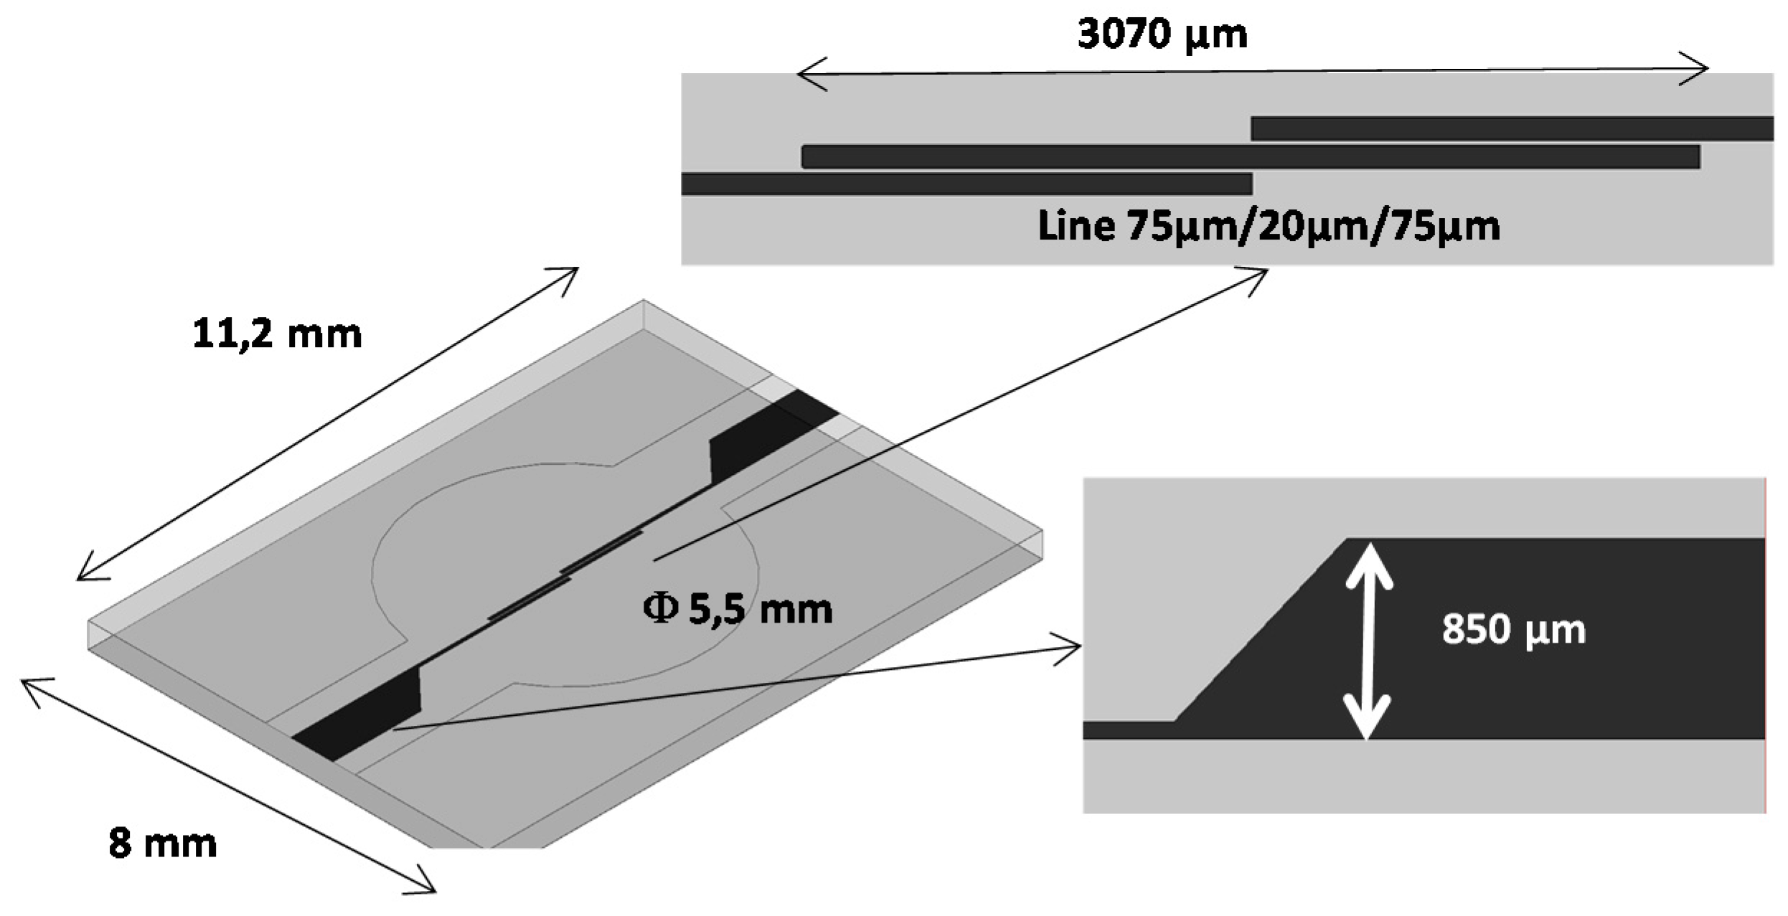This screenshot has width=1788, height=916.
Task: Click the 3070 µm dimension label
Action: click(x=1162, y=34)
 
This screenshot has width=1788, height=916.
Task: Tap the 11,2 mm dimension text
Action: click(x=277, y=334)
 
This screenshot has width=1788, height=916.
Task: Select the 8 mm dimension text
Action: click(x=162, y=843)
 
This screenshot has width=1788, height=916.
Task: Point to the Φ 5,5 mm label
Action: click(x=738, y=610)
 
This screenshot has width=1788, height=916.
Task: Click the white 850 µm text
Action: click(x=1513, y=630)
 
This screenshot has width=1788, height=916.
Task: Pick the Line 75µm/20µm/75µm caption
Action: click(x=1269, y=226)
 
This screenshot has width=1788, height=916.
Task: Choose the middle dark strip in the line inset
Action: click(x=1250, y=156)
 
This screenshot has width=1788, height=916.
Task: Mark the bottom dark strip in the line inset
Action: click(x=966, y=184)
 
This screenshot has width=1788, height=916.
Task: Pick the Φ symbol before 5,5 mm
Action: click(x=660, y=610)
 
